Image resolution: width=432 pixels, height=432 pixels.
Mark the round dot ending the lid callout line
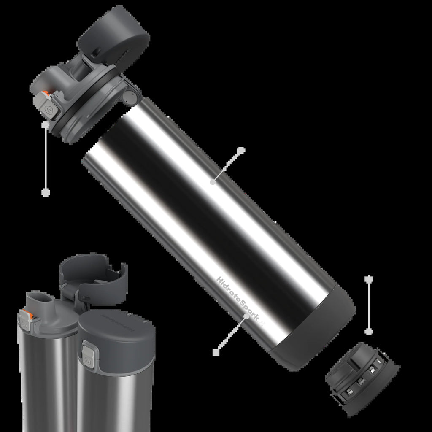point(46,192)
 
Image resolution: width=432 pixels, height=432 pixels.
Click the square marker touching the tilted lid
point(45,124)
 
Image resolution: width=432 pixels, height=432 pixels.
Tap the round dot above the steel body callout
point(241,150)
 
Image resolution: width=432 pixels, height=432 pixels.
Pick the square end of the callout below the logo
point(216,351)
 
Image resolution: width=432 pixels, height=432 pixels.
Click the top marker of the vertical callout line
point(369,279)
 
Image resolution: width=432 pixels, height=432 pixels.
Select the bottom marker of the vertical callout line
point(369,332)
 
